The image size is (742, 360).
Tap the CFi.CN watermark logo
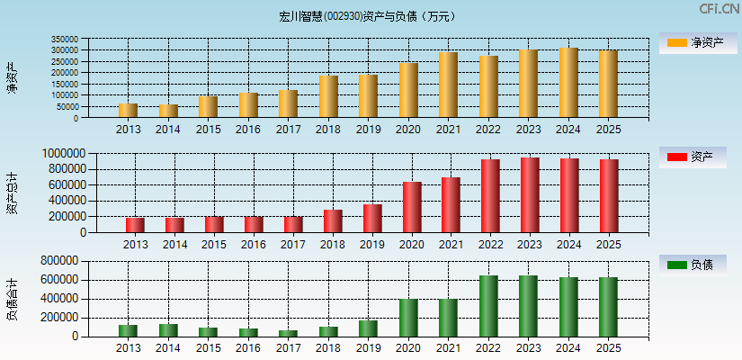[719, 9]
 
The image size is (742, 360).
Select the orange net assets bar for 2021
[448, 85]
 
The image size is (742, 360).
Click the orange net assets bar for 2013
[128, 111]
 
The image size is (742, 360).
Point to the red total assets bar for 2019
[372, 218]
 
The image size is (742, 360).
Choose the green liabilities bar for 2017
[288, 333]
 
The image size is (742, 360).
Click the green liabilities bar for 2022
[488, 306]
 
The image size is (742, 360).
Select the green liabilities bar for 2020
[408, 318]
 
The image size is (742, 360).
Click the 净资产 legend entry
[697, 42]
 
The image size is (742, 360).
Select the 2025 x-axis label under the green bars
[609, 347]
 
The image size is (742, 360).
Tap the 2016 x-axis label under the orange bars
[248, 130]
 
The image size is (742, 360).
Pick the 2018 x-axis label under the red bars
[333, 244]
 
